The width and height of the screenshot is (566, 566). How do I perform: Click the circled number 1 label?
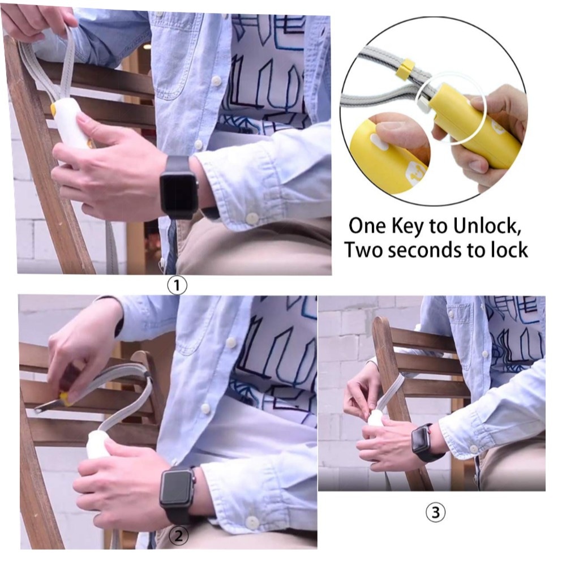click(177, 286)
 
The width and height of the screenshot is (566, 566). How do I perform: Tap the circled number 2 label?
click(179, 536)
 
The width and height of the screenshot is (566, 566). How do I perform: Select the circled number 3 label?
click(436, 512)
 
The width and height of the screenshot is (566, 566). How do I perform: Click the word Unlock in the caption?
click(487, 226)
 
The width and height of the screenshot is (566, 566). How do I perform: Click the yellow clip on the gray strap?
click(404, 68)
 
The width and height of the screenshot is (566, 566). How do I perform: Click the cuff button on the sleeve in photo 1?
click(252, 217)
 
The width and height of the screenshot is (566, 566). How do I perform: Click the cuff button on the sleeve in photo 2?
click(252, 522)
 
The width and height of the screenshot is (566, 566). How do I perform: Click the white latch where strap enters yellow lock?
click(423, 106)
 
